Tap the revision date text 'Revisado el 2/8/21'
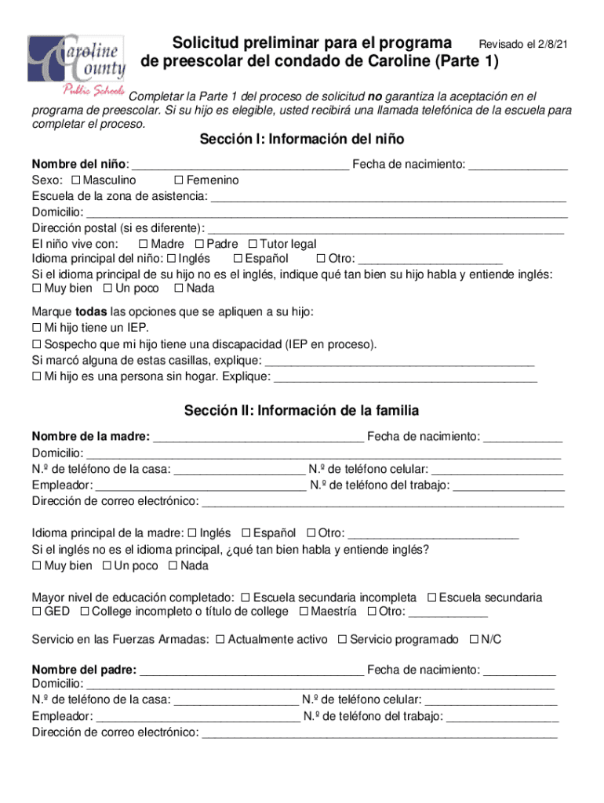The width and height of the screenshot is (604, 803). [x=523, y=45]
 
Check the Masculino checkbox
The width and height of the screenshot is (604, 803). [x=76, y=180]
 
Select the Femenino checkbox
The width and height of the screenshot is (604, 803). [x=179, y=180]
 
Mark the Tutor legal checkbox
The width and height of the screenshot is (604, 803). [x=253, y=244]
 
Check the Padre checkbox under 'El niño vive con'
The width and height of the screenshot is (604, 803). [x=199, y=244]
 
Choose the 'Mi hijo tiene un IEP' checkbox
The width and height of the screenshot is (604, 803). [x=36, y=328]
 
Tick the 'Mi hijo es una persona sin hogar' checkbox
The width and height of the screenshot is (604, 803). [x=36, y=376]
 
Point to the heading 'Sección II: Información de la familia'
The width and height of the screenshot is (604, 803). [x=302, y=410]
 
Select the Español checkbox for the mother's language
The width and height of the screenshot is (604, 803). [x=246, y=532]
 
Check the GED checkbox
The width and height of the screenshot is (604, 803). [x=36, y=612]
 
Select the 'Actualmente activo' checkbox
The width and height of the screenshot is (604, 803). [x=220, y=640]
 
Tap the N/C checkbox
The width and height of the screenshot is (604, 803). [x=473, y=640]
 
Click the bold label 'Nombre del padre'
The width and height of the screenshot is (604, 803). [x=83, y=670]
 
